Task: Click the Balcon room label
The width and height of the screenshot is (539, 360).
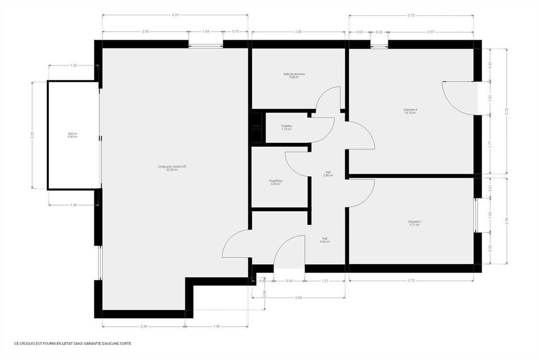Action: (72, 135)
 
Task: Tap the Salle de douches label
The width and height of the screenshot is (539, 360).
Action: (294, 75)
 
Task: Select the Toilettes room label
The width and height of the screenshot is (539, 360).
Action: (287, 128)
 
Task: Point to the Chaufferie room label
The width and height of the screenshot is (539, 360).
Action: (275, 183)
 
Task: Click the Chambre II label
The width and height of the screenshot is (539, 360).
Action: (410, 111)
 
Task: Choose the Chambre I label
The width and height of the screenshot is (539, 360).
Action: (414, 223)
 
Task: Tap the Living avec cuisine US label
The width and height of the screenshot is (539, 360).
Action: (172, 168)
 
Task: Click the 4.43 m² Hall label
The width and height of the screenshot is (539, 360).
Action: (325, 240)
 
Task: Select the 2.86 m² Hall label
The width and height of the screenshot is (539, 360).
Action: (328, 174)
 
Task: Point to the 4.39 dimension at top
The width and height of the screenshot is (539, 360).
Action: (175, 15)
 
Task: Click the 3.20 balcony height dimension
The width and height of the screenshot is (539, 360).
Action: (33, 135)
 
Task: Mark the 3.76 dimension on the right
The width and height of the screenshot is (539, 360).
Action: (506, 111)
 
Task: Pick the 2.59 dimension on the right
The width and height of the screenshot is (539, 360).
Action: (506, 221)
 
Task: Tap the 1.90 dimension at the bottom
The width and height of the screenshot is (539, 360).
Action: (216, 326)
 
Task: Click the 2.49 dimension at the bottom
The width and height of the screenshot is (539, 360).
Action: (144, 326)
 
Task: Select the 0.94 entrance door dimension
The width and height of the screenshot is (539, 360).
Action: (289, 280)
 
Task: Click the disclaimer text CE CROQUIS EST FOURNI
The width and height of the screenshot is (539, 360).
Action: (73, 343)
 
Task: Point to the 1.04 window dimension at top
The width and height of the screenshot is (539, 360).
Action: (206, 32)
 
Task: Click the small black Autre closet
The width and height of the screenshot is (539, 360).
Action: (257, 128)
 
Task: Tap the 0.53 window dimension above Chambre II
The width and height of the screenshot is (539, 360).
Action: (379, 32)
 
